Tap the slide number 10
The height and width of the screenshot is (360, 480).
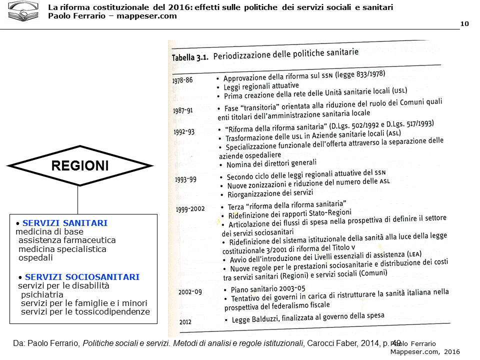[x=464, y=24]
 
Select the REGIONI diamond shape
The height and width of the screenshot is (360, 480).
[x=80, y=165]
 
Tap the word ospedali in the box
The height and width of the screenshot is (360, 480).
[x=35, y=258]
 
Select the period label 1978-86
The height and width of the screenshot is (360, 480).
[x=182, y=80]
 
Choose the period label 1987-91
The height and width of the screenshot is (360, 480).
[x=182, y=110]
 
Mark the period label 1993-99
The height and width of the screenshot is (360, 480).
[x=185, y=179]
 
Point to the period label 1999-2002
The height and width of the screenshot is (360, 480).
[x=190, y=208]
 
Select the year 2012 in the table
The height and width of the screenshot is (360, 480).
[x=185, y=322]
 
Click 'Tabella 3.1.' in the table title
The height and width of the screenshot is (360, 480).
[x=190, y=57]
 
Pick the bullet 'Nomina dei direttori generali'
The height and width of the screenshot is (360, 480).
[x=271, y=163]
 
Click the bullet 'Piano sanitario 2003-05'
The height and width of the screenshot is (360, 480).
[x=267, y=289]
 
